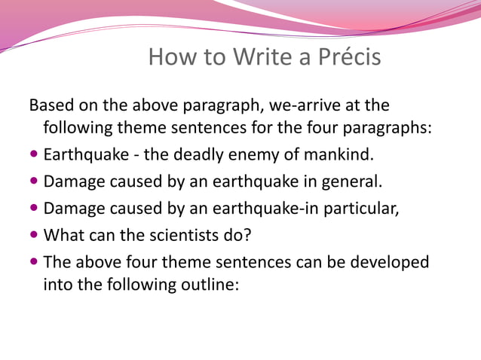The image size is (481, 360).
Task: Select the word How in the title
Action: point(171,57)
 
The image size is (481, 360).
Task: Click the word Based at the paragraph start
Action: point(52,105)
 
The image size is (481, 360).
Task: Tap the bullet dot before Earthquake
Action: point(34,155)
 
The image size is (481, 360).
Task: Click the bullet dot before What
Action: point(34,235)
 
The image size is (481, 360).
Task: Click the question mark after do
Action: point(247,235)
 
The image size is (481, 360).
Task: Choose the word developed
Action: point(391,262)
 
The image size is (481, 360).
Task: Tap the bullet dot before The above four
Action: point(34,262)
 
